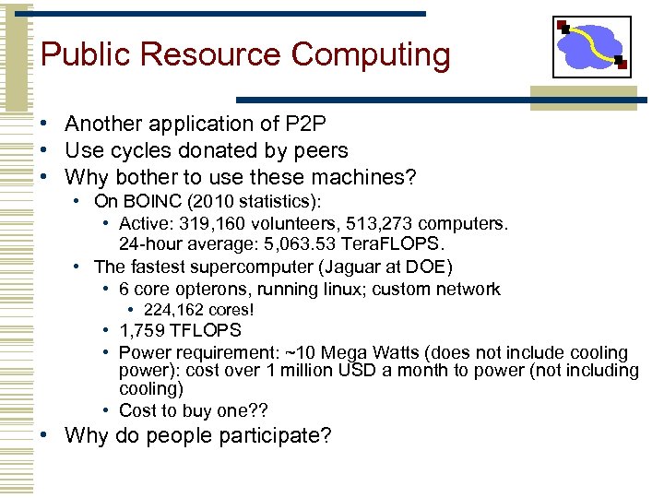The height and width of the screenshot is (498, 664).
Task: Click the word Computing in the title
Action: point(371,55)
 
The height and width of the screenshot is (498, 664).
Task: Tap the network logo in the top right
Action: point(591,47)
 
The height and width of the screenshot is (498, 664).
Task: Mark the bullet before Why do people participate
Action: point(44,435)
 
